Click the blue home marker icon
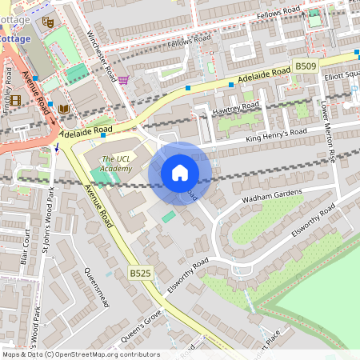(180, 173)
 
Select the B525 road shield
(139, 274)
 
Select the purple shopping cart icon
(123, 79)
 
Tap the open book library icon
(64, 108)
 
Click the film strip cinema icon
(15, 100)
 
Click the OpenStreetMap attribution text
(81, 354)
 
